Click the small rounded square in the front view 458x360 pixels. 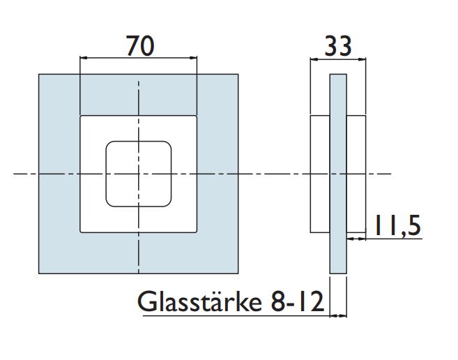139,174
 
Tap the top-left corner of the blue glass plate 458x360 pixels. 39,74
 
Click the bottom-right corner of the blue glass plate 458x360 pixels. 238,273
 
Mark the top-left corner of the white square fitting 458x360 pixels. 81,116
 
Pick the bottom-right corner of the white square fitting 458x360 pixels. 197,232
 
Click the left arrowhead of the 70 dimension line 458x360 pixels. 84,59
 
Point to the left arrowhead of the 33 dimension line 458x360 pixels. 313,60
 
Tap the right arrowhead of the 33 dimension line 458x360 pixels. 362,60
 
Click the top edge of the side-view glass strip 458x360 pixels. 338,74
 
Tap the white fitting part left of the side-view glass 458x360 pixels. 319,174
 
